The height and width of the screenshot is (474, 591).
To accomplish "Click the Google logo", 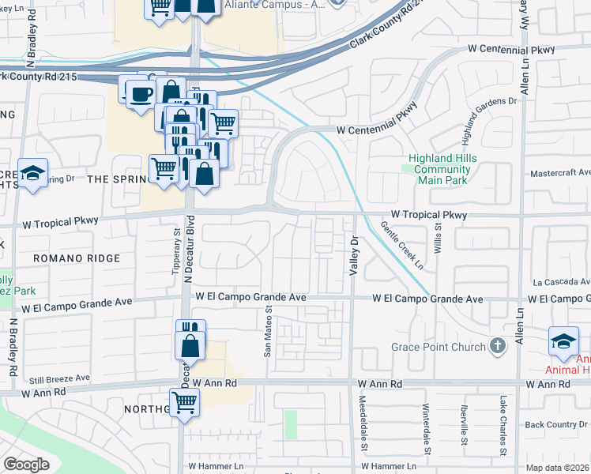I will (x=26, y=465).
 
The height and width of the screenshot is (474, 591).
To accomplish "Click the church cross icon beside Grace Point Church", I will (x=497, y=345).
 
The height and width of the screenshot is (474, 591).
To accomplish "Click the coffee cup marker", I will (x=141, y=94).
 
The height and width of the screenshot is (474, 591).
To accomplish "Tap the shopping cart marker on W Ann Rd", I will (x=184, y=402).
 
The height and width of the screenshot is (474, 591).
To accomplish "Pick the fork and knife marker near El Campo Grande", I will (x=190, y=331).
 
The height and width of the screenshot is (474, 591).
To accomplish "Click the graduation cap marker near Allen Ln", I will (x=563, y=341).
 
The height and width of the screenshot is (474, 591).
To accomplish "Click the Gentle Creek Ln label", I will (x=408, y=246).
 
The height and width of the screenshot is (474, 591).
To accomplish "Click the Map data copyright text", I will (x=558, y=468).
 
